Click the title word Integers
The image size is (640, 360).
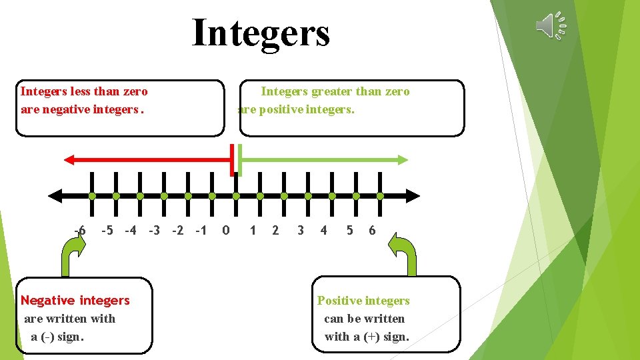(x=261, y=33)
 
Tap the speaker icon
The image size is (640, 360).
(x=551, y=25)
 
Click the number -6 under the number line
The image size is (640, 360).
(x=80, y=231)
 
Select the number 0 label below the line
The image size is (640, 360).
(x=226, y=231)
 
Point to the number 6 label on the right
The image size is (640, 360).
(x=372, y=231)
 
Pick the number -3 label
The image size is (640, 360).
(x=154, y=231)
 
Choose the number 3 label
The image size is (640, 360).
(x=301, y=231)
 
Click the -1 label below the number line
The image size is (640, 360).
(x=201, y=231)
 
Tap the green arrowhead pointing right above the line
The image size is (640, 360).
(x=402, y=159)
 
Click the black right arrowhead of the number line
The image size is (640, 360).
(x=414, y=196)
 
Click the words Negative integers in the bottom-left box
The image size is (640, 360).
(x=75, y=301)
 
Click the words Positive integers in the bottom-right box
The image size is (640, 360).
(x=363, y=301)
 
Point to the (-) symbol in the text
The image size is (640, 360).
(x=47, y=337)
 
